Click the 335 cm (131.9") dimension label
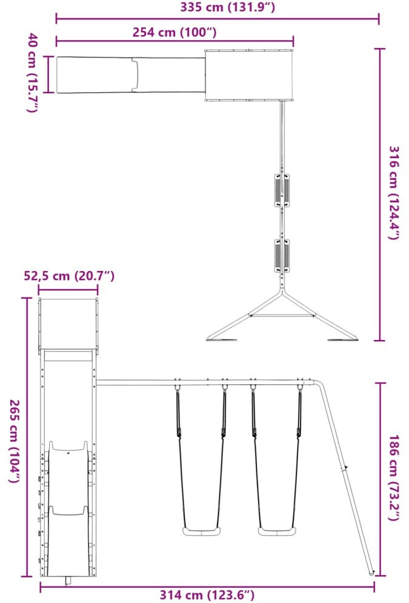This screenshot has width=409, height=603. coord(228,7)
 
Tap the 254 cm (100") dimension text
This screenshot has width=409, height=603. coord(175,32)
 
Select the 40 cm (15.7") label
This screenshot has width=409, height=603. coord(33,73)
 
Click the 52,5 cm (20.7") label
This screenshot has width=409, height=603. coord(69,276)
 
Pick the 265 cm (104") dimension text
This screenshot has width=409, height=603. coord(15,441)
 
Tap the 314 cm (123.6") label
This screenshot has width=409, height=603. coord(207,595)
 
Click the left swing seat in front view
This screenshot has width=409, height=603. coord(202,532)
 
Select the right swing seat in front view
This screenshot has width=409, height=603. coord(277,532)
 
